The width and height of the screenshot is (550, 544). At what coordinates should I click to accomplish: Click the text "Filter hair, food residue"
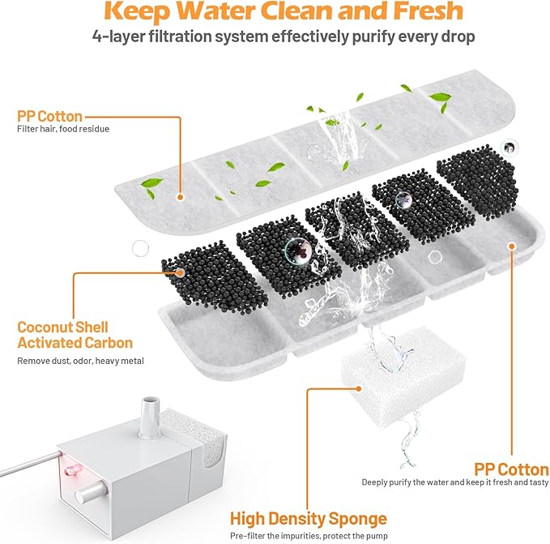[x=63, y=130]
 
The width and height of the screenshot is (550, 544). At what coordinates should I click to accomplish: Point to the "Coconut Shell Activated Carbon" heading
[x=75, y=335]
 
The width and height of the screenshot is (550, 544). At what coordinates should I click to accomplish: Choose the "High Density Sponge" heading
[x=308, y=518]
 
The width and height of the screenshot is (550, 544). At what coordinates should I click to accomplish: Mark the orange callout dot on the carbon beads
[x=179, y=273]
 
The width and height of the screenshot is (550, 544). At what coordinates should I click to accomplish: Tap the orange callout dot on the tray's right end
[x=511, y=244]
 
